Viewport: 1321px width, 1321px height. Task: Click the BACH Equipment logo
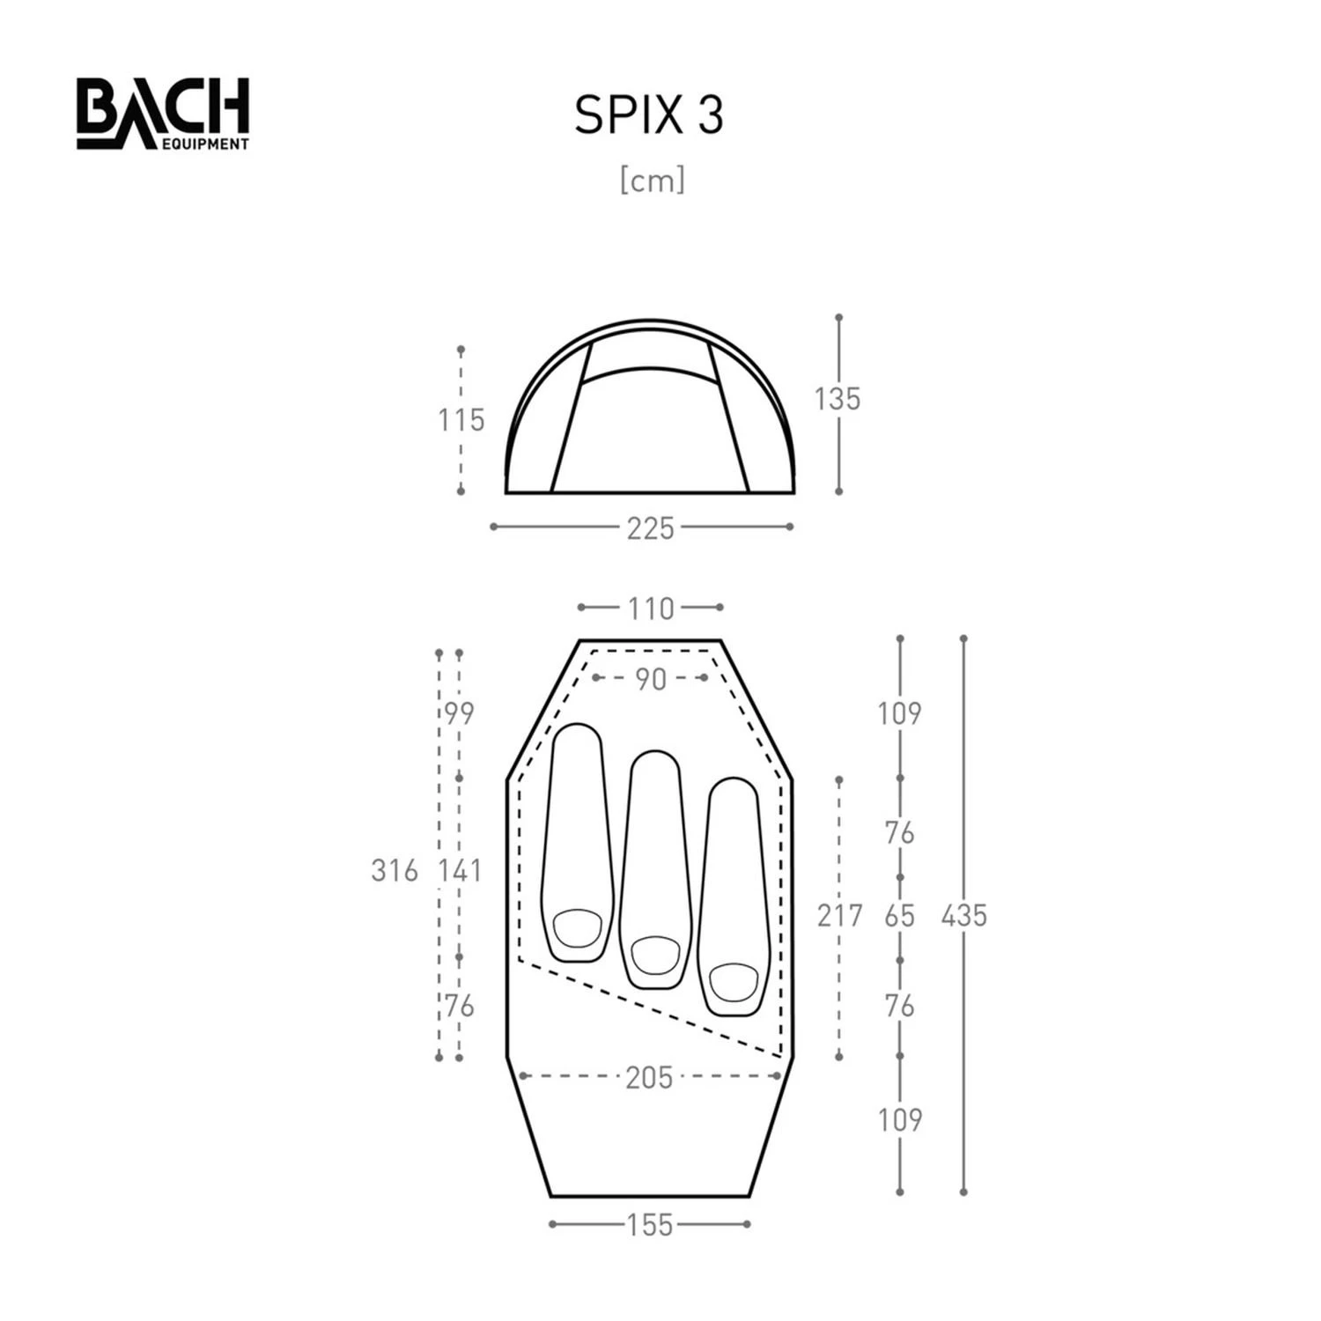[163, 114]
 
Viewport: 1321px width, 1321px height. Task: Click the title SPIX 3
[649, 114]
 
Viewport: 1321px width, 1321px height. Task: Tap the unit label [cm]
[652, 181]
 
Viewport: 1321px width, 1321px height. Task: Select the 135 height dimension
[837, 399]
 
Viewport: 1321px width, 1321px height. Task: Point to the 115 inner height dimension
[461, 420]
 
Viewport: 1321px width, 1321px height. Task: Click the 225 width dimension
[650, 528]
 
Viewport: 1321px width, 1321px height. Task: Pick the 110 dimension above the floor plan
[650, 609]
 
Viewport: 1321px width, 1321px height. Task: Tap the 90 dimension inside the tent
[650, 679]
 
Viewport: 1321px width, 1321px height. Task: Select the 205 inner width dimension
[649, 1077]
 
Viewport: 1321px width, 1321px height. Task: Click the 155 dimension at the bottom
[650, 1225]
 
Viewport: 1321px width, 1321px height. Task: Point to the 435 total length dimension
[963, 916]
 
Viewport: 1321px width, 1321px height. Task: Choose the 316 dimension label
[394, 871]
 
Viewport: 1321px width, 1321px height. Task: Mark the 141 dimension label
[461, 871]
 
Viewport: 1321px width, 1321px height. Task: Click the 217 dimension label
[839, 916]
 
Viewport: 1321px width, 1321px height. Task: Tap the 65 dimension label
[899, 916]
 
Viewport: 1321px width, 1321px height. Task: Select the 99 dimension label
[459, 713]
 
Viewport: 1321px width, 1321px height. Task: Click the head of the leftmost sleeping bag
[578, 927]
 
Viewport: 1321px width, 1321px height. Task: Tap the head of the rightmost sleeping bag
[734, 981]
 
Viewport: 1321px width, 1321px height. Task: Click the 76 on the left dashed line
[459, 1006]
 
